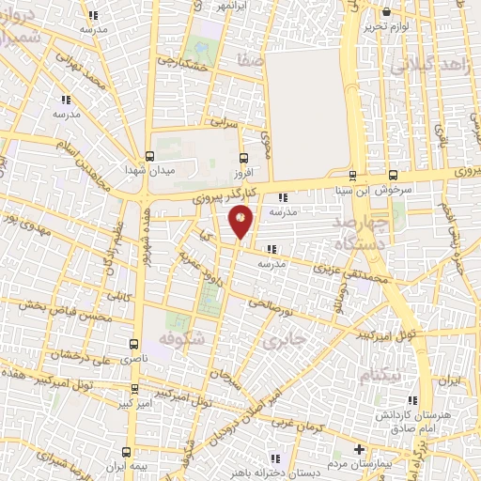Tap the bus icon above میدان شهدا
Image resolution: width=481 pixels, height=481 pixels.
(149, 157)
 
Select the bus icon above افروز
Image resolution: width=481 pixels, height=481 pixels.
(244, 158)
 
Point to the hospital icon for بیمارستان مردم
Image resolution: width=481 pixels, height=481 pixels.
(359, 450)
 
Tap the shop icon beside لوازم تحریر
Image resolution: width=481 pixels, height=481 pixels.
(387, 12)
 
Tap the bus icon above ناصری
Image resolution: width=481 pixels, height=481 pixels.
(133, 346)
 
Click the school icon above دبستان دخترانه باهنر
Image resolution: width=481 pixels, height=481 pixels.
(274, 458)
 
